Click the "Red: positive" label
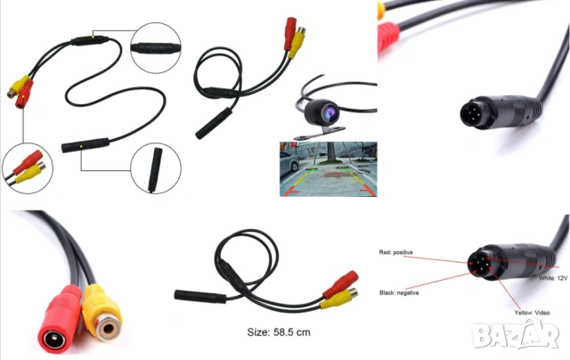(395, 252)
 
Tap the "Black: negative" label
(399, 293)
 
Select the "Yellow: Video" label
(532, 313)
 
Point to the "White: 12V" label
(553, 278)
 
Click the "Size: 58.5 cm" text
(279, 332)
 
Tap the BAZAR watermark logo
(515, 335)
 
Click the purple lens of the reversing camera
(330, 113)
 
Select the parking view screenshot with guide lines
(329, 169)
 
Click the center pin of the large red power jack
(55, 340)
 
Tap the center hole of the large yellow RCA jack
(109, 329)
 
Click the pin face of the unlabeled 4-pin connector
(471, 113)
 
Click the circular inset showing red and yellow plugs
(28, 168)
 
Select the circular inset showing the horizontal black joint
(156, 47)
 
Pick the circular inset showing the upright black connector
(156, 168)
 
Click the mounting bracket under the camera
(320, 133)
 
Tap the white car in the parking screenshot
(289, 161)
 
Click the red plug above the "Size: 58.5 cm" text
(340, 284)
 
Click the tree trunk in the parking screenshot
(331, 152)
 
